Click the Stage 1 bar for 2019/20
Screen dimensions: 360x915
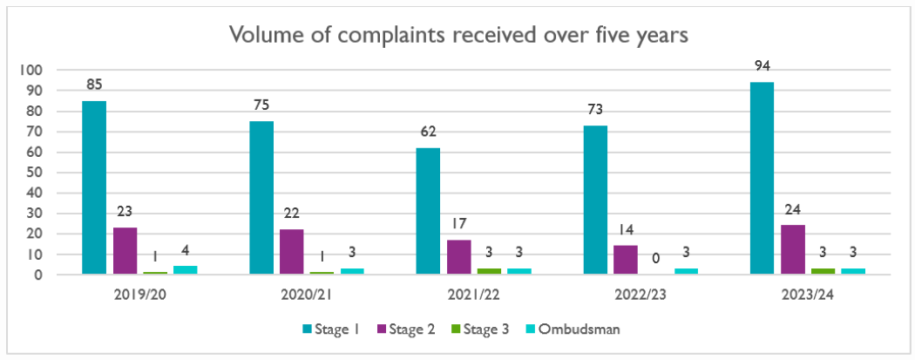[94, 187]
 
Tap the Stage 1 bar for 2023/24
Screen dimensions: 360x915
[761, 179]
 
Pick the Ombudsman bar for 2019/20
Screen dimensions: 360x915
[186, 270]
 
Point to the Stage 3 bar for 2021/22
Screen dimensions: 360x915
[489, 271]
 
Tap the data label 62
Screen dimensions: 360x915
[428, 132]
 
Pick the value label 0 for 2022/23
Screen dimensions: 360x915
[655, 259]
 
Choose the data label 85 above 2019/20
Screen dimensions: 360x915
[94, 85]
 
